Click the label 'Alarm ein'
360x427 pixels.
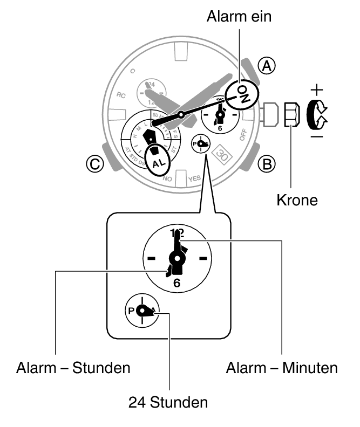[239, 17]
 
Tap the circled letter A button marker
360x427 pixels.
[266, 66]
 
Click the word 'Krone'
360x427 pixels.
[297, 201]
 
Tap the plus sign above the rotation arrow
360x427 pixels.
[318, 88]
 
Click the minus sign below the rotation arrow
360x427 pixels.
[317, 136]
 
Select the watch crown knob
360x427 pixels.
[290, 114]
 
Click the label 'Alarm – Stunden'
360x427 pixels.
[73, 369]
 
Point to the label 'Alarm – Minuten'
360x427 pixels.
[281, 369]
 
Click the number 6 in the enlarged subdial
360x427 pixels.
[176, 283]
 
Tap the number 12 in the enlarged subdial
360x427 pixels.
[176, 233]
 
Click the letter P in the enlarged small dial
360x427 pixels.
[131, 311]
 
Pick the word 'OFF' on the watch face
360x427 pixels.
[242, 134]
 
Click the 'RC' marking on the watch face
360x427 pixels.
[121, 95]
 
